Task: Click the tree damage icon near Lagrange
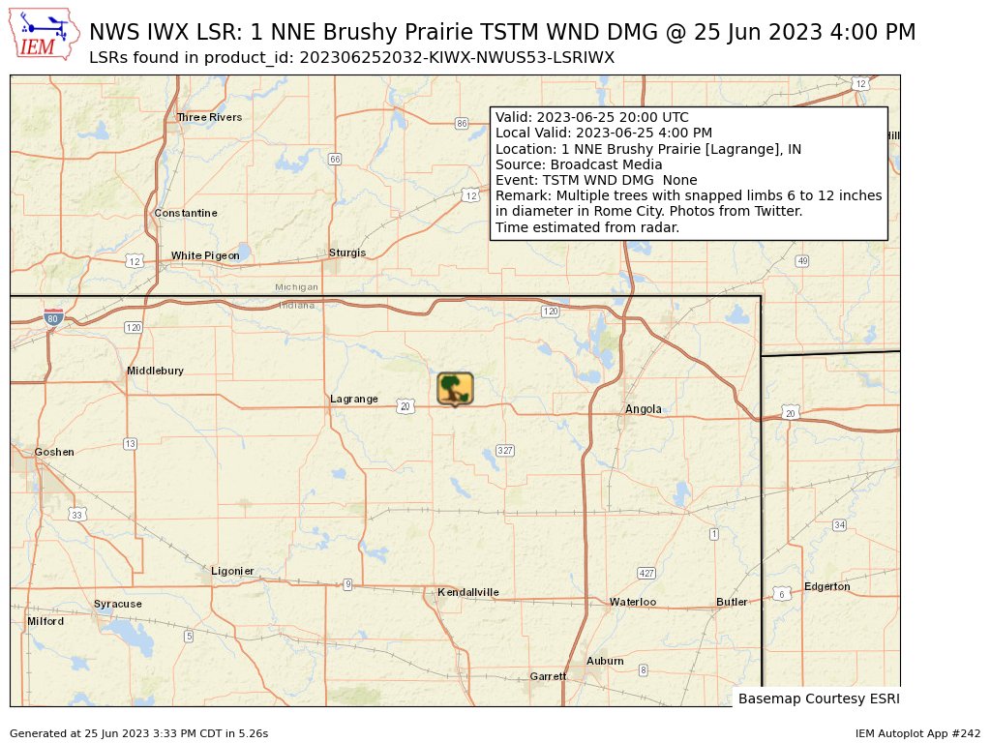(x=455, y=388)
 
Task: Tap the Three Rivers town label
(x=209, y=117)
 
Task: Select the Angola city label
(x=644, y=409)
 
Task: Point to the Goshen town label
(x=54, y=452)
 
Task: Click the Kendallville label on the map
(x=468, y=592)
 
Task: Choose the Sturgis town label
(x=347, y=253)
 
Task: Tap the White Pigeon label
(x=205, y=255)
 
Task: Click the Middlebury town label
(x=155, y=371)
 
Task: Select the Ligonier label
(x=232, y=571)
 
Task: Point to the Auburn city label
(x=605, y=661)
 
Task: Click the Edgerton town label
(x=827, y=586)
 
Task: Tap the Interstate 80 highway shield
(x=54, y=317)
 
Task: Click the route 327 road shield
(x=504, y=451)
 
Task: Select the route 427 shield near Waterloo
(x=646, y=574)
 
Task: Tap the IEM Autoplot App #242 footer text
(x=917, y=733)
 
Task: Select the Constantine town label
(x=186, y=213)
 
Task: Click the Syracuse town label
(x=118, y=604)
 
